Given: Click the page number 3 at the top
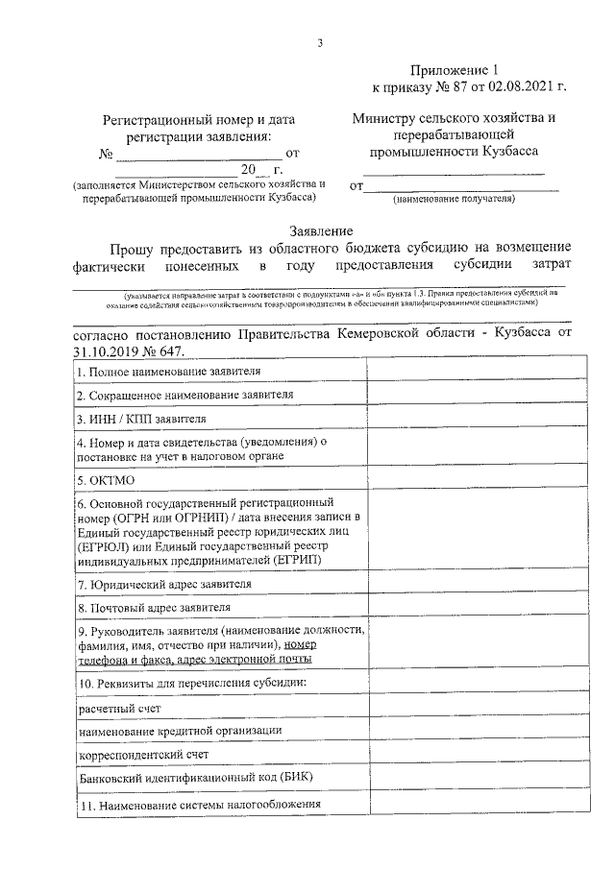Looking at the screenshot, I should click(320, 42).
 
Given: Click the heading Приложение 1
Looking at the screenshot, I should click(441, 70).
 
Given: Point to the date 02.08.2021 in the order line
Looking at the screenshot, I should click(519, 87).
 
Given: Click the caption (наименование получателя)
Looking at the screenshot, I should click(455, 199).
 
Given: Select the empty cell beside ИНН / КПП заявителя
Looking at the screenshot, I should click(464, 418).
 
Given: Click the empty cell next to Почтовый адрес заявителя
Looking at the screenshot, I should click(464, 607).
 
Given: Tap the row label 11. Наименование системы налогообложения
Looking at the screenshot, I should click(199, 805).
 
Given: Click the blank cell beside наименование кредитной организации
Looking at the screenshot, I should click(464, 731).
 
